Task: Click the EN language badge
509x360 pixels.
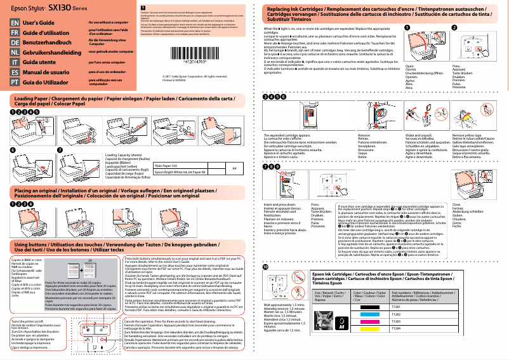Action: (14, 23)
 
